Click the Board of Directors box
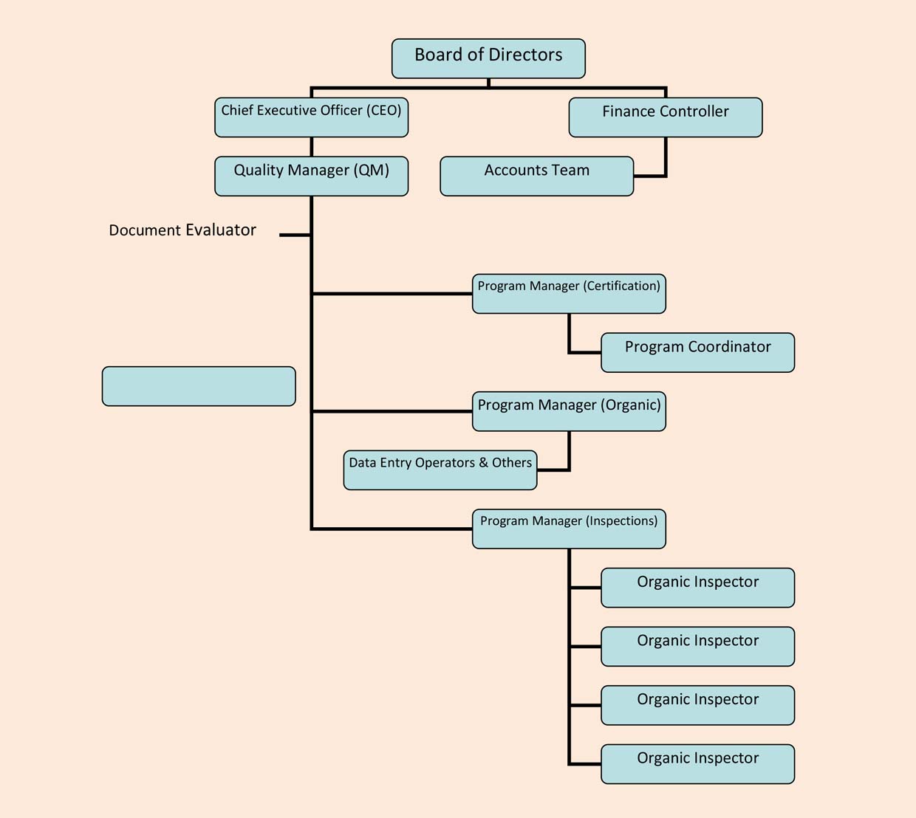pyautogui.click(x=488, y=59)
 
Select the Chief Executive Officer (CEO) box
pyautogui.click(x=311, y=117)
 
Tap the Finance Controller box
pyautogui.click(x=665, y=117)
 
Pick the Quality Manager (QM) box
pyautogui.click(x=311, y=176)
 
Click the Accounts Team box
pyautogui.click(x=536, y=176)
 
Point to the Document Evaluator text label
pyautogui.click(x=182, y=230)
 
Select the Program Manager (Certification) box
pyautogui.click(x=569, y=294)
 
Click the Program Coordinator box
pyautogui.click(x=697, y=352)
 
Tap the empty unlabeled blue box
pyautogui.click(x=199, y=386)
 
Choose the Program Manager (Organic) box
pyautogui.click(x=569, y=411)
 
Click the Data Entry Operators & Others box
pyautogui.click(x=440, y=470)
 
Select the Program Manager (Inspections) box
pyautogui.click(x=569, y=529)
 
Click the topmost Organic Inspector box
pyautogui.click(x=697, y=588)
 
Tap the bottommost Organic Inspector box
pyautogui.click(x=697, y=764)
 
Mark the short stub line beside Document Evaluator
pyautogui.click(x=295, y=235)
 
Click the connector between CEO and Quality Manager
pyautogui.click(x=312, y=146)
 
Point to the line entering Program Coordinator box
pyautogui.click(x=585, y=352)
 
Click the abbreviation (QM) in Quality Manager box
pyautogui.click(x=372, y=171)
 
